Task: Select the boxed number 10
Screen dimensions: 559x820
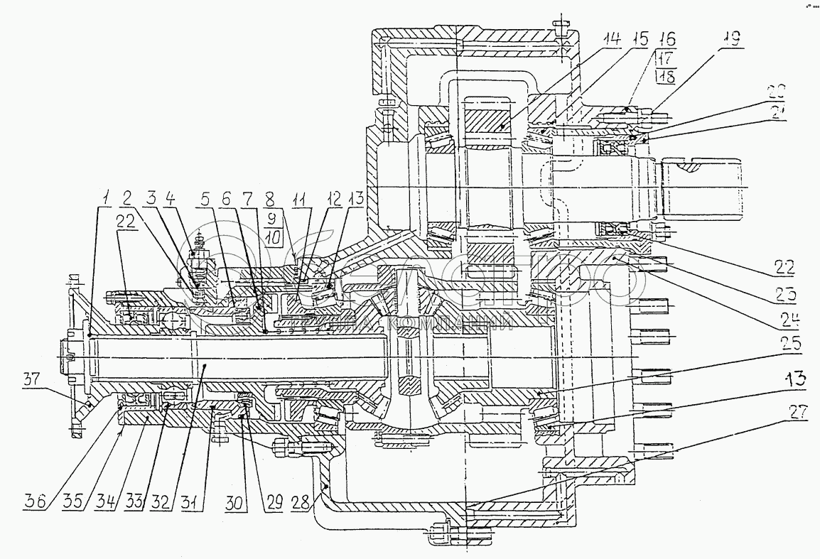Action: tap(275, 235)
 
